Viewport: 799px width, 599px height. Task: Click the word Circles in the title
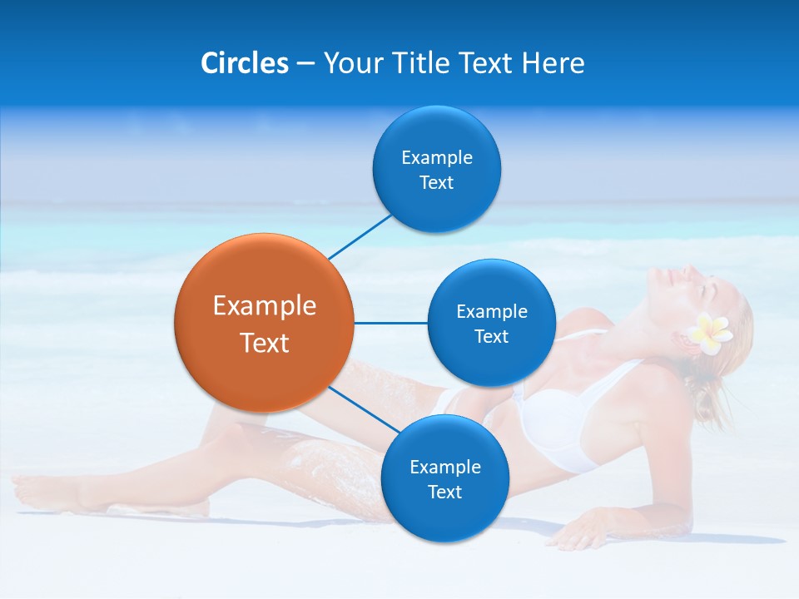245,63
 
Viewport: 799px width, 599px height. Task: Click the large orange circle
264,323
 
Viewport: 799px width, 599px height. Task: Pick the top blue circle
436,169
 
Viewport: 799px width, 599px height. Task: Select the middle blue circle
491,323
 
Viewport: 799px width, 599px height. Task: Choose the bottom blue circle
444,478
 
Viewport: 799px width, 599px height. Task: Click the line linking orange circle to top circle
360,236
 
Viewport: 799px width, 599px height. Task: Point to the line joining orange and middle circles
390,323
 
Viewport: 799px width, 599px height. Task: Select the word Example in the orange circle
265,306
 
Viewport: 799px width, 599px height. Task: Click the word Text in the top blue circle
436,183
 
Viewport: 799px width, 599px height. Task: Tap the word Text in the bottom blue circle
444,493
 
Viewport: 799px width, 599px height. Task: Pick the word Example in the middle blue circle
491,312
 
